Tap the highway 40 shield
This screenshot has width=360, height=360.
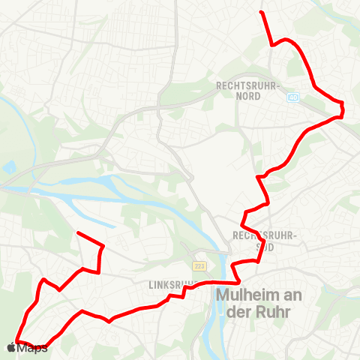pyautogui.click(x=293, y=97)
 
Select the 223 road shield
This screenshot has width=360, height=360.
pyautogui.click(x=199, y=266)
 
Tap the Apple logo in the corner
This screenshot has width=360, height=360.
pyautogui.click(x=11, y=348)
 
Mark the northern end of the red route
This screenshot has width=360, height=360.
pyautogui.click(x=260, y=12)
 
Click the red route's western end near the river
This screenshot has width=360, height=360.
pyautogui.click(x=78, y=233)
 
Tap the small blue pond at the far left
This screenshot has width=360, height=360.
pyautogui.click(x=8, y=166)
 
